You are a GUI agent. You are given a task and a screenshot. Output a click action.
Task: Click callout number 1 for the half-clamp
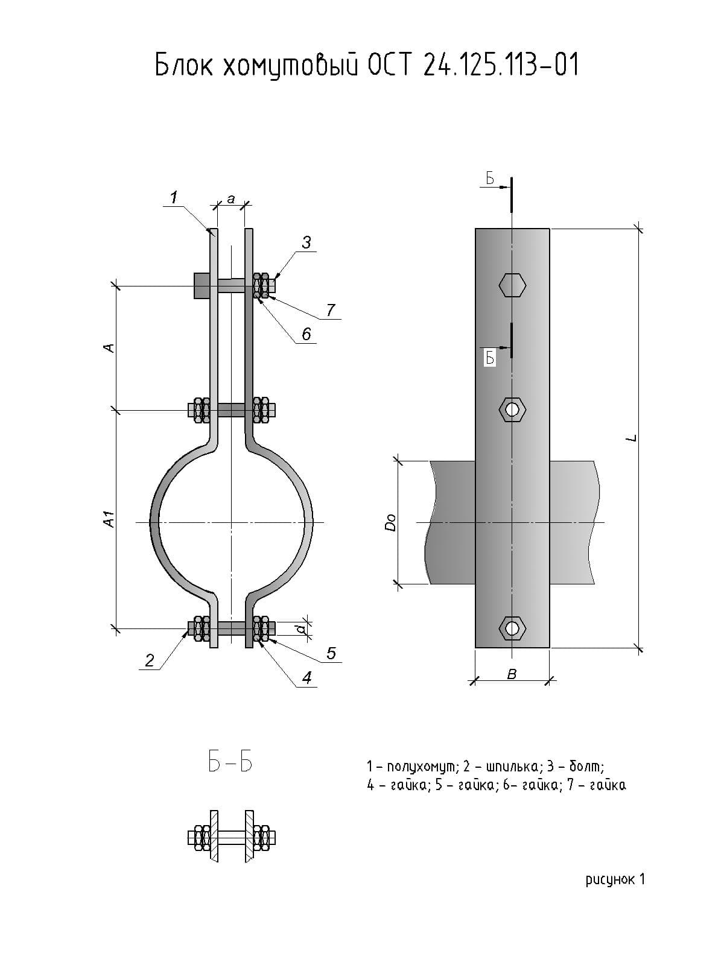[174, 197]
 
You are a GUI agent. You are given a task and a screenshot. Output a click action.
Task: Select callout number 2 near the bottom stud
[150, 660]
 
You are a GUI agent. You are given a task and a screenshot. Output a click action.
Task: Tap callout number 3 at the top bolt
[306, 242]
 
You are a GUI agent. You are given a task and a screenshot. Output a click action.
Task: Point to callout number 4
[306, 677]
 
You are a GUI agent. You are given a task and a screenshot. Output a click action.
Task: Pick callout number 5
[331, 653]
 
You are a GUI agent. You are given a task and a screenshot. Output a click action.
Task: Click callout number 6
[306, 334]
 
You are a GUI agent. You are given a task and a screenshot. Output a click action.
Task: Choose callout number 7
[331, 310]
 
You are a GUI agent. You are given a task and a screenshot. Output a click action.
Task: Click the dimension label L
[631, 438]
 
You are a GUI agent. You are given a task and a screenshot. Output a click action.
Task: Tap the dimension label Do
[391, 522]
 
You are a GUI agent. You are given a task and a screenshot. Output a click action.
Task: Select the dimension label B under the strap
[512, 674]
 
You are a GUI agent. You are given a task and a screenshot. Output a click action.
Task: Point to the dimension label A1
[109, 519]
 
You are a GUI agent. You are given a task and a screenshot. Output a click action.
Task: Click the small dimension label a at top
[231, 198]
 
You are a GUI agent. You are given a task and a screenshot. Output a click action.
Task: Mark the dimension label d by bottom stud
[300, 629]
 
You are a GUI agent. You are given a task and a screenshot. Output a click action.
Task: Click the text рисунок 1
[615, 880]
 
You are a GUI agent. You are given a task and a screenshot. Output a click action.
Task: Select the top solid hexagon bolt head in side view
[512, 285]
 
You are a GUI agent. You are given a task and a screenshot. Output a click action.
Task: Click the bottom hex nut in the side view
[512, 628]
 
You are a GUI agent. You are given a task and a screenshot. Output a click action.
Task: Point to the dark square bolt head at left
[202, 285]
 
